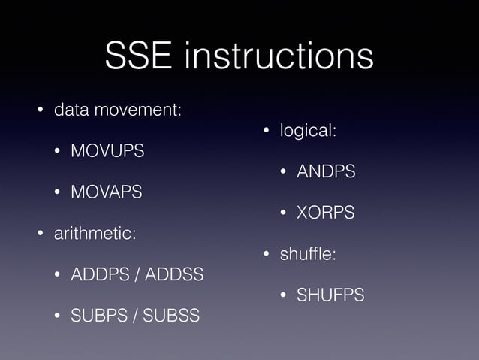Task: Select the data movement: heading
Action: click(x=117, y=110)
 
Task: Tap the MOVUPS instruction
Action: click(x=107, y=151)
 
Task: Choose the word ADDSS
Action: click(x=173, y=275)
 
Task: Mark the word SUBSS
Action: click(x=171, y=316)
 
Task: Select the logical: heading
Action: click(x=308, y=131)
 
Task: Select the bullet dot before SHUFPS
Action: click(x=285, y=296)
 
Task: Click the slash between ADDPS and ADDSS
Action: click(x=136, y=275)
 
